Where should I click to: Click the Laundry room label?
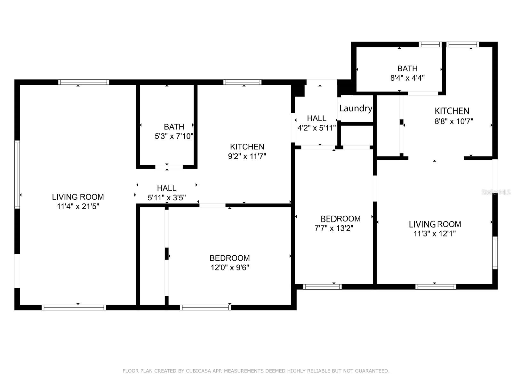(x=356, y=108)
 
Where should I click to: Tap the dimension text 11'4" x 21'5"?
(x=78, y=206)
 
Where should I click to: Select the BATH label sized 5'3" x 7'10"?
(x=174, y=127)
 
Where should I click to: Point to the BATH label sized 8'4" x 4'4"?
(x=407, y=68)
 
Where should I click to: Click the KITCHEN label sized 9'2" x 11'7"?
(x=247, y=147)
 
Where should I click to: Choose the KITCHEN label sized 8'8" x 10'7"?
(x=452, y=111)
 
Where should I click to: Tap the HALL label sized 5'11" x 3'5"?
(x=166, y=188)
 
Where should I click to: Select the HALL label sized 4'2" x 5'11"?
(x=316, y=118)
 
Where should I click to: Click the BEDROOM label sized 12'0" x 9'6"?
(x=229, y=258)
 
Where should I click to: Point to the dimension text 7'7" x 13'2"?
(x=334, y=228)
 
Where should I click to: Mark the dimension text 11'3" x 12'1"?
(x=435, y=234)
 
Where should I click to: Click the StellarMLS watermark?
(x=496, y=192)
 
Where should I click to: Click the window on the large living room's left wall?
(x=17, y=174)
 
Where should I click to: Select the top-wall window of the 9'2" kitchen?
(x=242, y=82)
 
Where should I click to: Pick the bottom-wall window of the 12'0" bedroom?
(x=205, y=308)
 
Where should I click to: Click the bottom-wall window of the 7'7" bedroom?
(x=322, y=287)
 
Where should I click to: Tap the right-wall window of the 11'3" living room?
(x=495, y=253)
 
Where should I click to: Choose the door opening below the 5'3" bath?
(x=169, y=167)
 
